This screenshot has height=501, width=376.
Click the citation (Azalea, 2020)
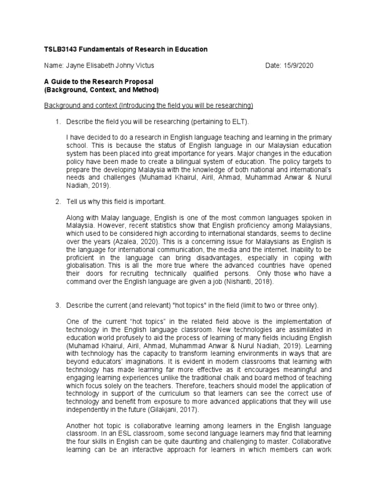click(132, 241)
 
